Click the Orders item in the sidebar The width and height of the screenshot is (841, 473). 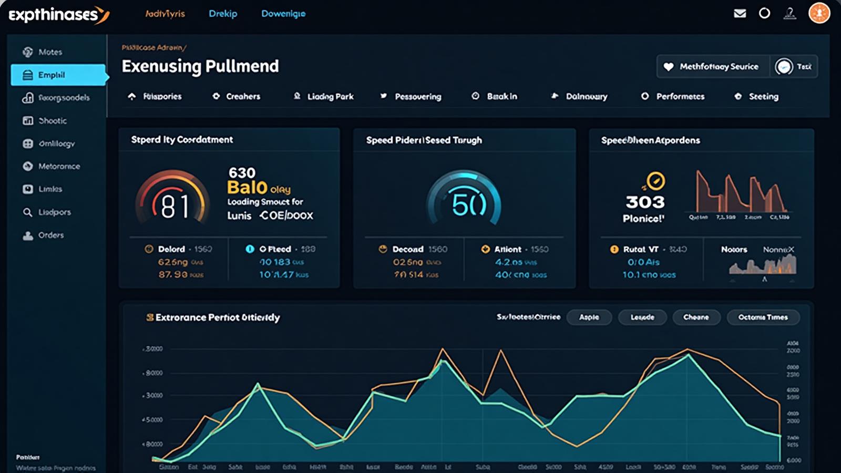[x=50, y=235]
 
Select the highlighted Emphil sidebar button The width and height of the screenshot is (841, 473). [x=58, y=75]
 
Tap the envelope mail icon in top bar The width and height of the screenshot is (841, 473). [x=740, y=13]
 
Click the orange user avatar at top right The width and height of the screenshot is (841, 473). [x=818, y=13]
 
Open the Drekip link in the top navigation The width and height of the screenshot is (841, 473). [x=223, y=14]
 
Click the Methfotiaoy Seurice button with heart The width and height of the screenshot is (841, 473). [x=713, y=67]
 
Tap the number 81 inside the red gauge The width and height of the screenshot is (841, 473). [x=175, y=206]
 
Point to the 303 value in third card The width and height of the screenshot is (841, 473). [x=645, y=202]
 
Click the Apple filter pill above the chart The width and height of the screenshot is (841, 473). [x=589, y=317]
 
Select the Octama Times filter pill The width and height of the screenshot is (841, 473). [x=763, y=317]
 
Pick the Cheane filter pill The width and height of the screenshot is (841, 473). [x=695, y=317]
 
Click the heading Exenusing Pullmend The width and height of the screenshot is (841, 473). [x=200, y=66]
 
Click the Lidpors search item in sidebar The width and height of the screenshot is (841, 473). [x=54, y=212]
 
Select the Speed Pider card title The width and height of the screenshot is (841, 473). [x=424, y=140]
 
